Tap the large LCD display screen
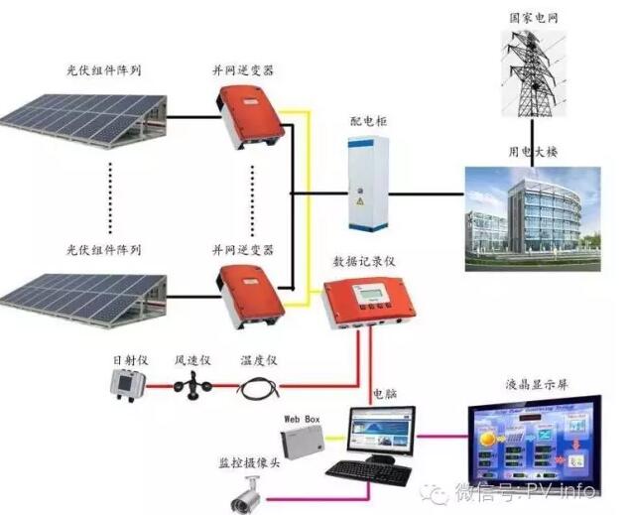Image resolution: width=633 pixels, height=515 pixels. click(536, 437)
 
